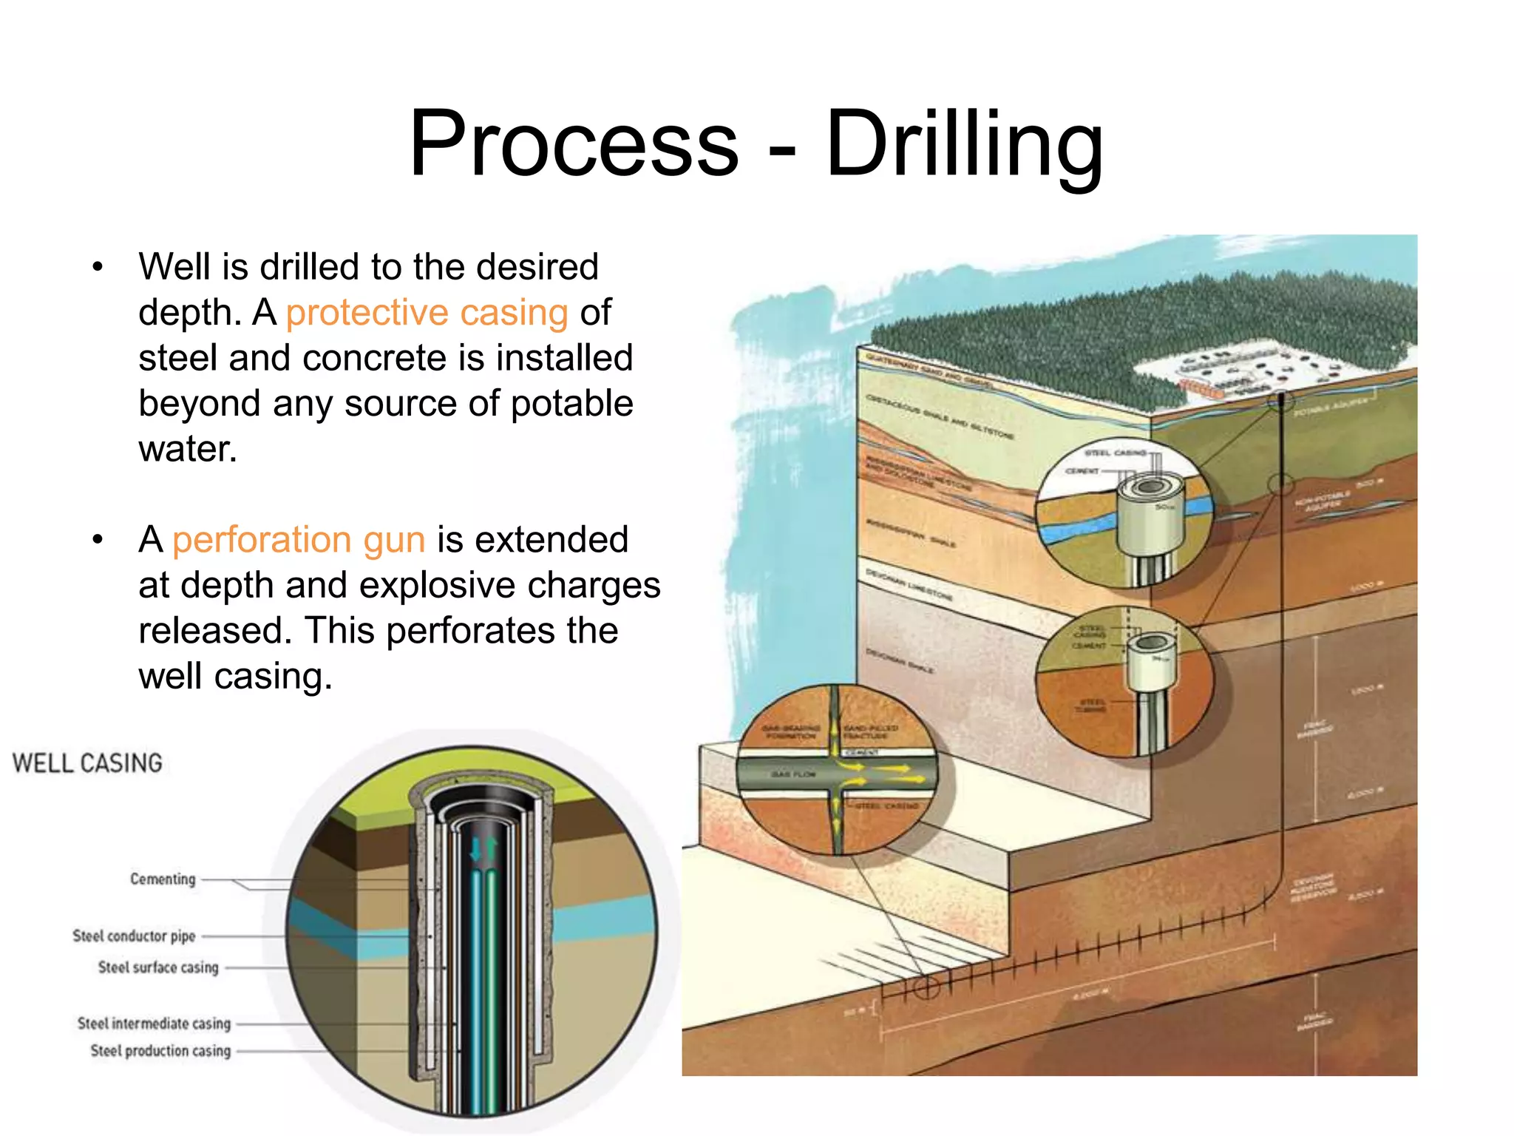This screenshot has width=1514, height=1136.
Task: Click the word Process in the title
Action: coord(574,143)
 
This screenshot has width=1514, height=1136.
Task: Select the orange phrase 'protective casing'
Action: coord(427,312)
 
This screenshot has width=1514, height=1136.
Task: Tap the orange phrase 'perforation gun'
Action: coord(299,539)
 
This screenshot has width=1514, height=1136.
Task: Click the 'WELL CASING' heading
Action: coord(87,763)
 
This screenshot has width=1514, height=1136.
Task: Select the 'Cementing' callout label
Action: coord(163,879)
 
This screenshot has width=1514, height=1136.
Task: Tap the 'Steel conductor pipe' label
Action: coord(134,936)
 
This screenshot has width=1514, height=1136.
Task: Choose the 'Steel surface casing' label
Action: coord(158,967)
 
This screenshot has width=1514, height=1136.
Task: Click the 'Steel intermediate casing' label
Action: coord(154,1024)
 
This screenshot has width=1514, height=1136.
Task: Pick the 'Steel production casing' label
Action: coord(160,1051)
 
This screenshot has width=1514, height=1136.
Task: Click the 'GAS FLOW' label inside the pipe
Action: coord(793,774)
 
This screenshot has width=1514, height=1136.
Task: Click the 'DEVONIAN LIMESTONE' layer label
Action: coord(909,584)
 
